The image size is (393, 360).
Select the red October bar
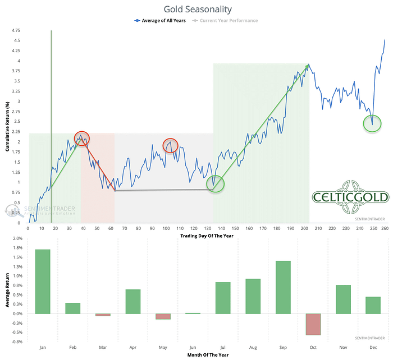click(313, 324)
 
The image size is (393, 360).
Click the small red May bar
click(163, 316)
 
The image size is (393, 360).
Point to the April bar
click(133, 301)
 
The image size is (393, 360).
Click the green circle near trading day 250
click(372, 123)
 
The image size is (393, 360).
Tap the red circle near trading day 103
click(171, 146)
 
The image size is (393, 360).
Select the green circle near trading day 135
click(215, 183)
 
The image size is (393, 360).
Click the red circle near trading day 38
click(81, 139)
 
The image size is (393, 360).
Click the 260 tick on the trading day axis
click(385, 228)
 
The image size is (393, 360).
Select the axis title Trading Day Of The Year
click(207, 236)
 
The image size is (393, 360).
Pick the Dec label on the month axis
click(373, 347)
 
